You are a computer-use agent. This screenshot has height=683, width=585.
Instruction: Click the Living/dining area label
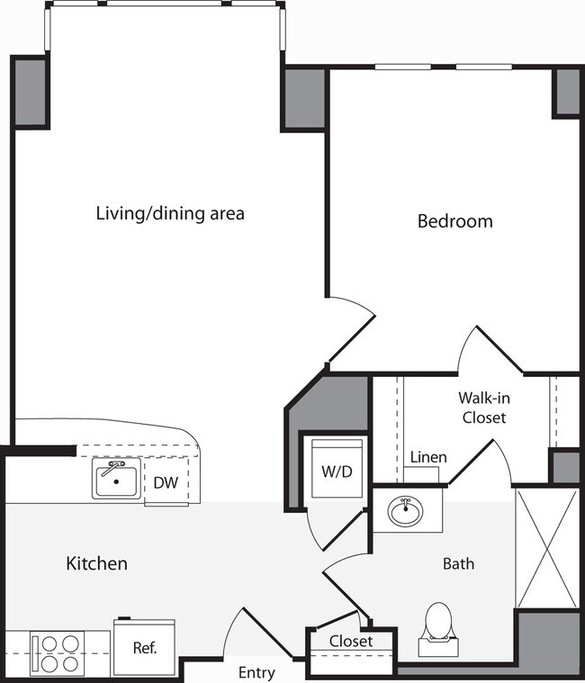coord(170,214)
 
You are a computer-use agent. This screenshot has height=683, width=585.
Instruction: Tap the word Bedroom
coord(454,220)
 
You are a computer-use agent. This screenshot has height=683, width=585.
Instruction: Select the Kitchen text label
coord(96,564)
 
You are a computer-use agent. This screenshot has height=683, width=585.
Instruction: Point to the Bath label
coord(458,564)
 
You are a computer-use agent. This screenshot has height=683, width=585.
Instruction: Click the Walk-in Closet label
coord(483,407)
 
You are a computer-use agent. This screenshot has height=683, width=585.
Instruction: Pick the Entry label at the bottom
coord(256,672)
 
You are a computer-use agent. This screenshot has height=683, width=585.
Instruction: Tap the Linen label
coord(427,457)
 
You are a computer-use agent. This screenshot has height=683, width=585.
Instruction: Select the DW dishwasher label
coord(165,482)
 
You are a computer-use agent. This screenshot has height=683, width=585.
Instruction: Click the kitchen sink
coord(114,480)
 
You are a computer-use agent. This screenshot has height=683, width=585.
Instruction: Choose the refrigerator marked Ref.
coord(145,647)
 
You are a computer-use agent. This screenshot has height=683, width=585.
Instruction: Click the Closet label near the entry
coord(350,642)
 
